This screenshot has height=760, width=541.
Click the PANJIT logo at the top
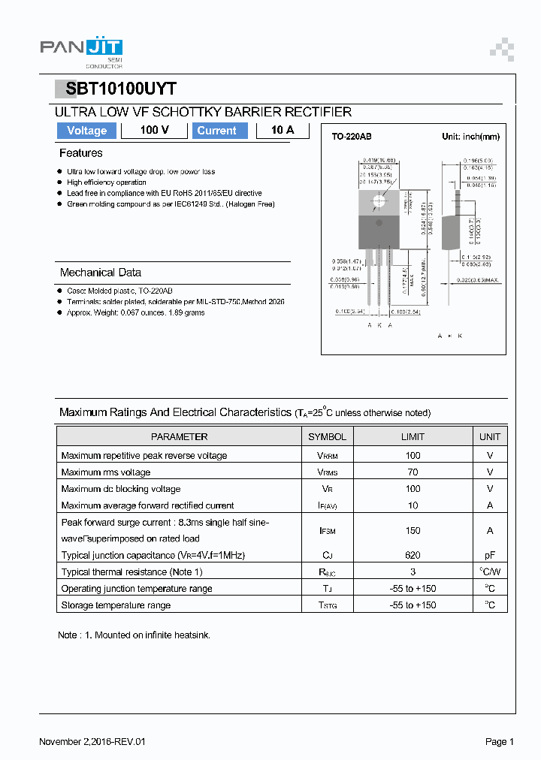(80, 49)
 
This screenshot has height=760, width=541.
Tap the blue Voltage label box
(86, 131)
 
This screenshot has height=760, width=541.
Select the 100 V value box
(154, 131)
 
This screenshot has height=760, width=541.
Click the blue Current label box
(216, 131)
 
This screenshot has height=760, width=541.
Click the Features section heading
(80, 153)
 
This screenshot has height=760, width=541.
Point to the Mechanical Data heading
(100, 273)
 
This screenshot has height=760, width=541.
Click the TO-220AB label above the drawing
(352, 137)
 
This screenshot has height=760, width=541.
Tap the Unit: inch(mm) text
(470, 137)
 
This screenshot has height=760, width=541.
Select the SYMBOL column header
(327, 436)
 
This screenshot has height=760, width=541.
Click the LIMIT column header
(412, 436)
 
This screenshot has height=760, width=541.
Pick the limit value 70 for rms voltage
(412, 472)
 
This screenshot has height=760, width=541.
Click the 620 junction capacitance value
(412, 555)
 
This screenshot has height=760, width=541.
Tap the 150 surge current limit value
(412, 530)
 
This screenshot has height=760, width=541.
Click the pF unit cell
(489, 555)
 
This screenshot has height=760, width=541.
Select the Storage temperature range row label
(116, 605)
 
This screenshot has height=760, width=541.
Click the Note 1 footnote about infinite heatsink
(134, 635)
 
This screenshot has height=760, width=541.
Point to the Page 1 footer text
(499, 742)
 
